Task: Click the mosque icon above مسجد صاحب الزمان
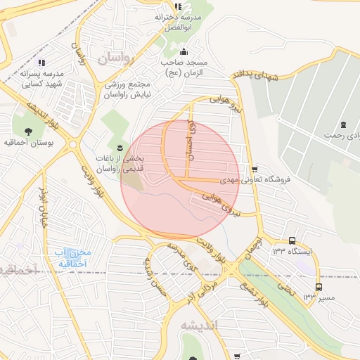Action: point(184,51)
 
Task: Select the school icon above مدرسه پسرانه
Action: point(41,63)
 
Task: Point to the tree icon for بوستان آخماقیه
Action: point(28,131)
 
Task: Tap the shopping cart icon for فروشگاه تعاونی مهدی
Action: point(254,169)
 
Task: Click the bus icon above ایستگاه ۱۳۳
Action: point(292,240)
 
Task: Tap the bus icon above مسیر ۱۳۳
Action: point(319,287)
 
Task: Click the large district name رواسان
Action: point(115,58)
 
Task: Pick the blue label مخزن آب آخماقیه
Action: point(72,257)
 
